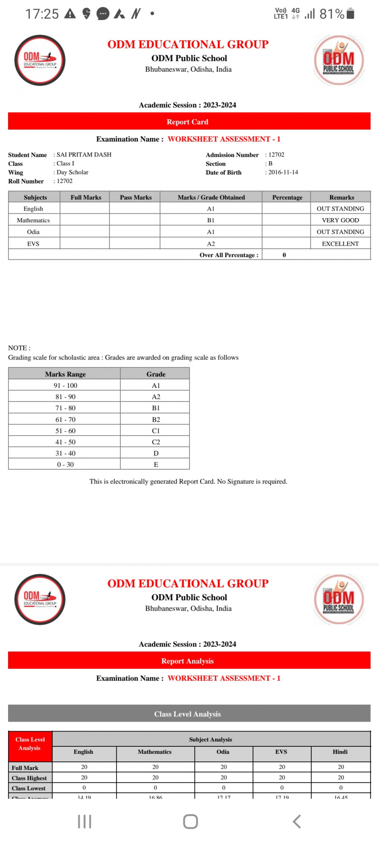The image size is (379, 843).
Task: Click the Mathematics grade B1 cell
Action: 211,220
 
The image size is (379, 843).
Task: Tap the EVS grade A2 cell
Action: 211,244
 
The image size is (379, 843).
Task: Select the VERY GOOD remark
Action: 340,220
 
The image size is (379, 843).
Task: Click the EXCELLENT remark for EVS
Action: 340,244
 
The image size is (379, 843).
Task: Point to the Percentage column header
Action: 287,197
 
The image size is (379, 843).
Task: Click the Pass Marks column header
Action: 135,197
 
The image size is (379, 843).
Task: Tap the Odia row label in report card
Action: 33,232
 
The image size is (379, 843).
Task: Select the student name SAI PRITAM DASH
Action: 84,155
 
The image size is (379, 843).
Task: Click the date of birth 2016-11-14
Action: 283,172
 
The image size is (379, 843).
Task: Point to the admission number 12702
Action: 276,155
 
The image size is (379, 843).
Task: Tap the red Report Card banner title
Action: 188,122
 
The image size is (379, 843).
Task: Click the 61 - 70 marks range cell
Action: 65,420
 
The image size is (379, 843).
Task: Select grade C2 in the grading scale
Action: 156,442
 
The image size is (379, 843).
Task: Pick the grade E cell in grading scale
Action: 156,465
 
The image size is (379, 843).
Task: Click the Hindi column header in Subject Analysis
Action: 340,752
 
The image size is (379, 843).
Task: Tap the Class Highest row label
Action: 29,778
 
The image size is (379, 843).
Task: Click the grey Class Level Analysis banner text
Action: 188,714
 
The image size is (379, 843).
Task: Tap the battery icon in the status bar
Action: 351,13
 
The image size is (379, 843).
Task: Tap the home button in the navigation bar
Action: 190,822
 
